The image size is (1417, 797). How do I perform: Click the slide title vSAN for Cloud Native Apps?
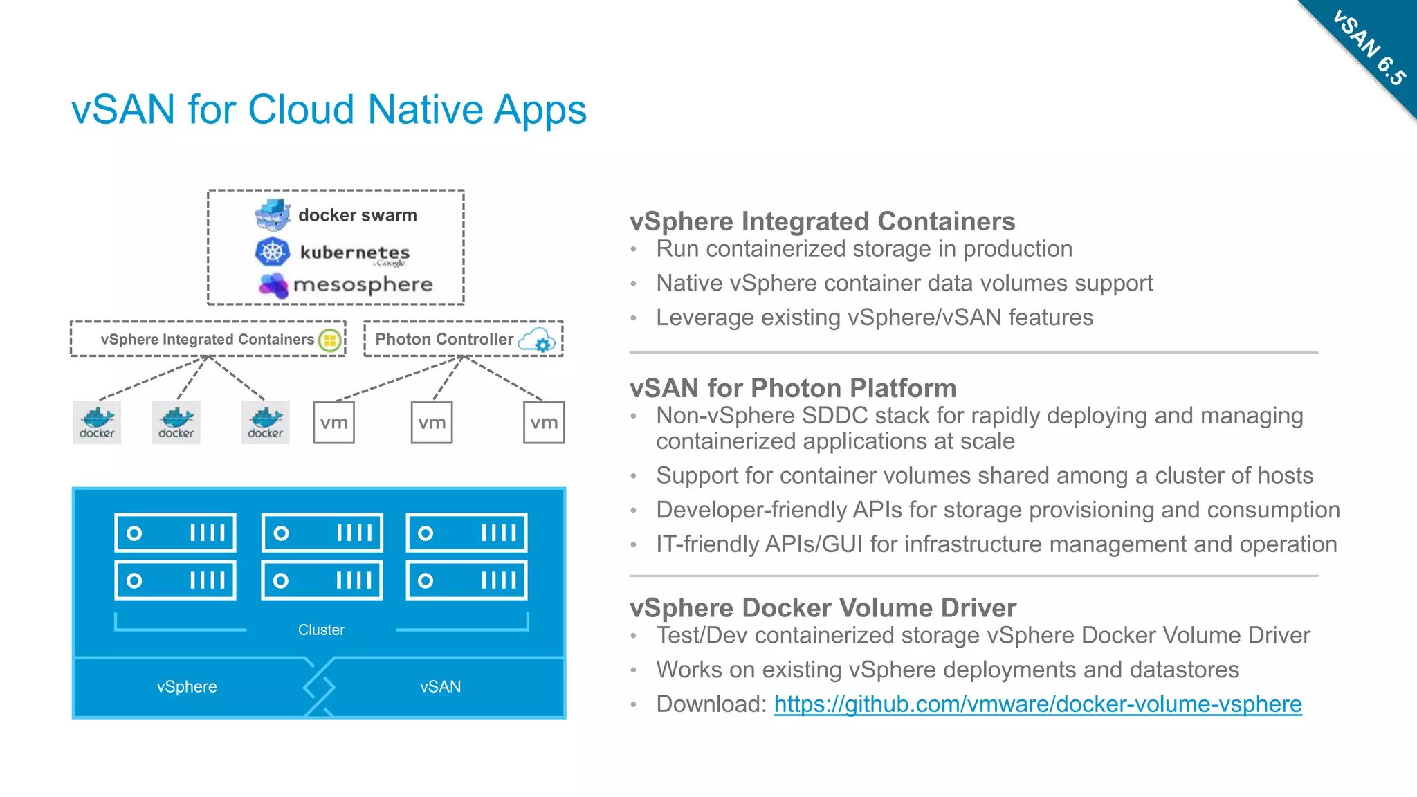pyautogui.click(x=329, y=109)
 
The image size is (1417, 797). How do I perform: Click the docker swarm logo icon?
pyautogui.click(x=273, y=214)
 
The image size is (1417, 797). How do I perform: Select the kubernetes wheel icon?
pyautogui.click(x=273, y=252)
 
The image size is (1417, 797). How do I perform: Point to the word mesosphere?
pyautogui.click(x=363, y=284)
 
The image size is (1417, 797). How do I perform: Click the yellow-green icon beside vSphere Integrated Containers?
pyautogui.click(x=330, y=340)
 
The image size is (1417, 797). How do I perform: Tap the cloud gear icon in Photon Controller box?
pyautogui.click(x=538, y=340)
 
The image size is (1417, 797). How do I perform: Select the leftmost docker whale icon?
pyautogui.click(x=97, y=422)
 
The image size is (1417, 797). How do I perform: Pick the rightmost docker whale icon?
pyautogui.click(x=266, y=422)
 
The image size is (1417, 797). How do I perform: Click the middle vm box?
pyautogui.click(x=432, y=423)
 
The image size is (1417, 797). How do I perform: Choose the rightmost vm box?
pyautogui.click(x=544, y=423)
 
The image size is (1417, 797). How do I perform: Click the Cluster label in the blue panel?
pyautogui.click(x=321, y=630)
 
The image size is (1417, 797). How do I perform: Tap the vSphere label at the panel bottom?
pyautogui.click(x=187, y=686)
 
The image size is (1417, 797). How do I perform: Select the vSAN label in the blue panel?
pyautogui.click(x=440, y=686)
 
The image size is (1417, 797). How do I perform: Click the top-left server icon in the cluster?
pyautogui.click(x=176, y=533)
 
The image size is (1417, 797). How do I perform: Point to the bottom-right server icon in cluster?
pyautogui.click(x=466, y=580)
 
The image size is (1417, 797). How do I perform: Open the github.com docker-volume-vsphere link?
pyautogui.click(x=1038, y=704)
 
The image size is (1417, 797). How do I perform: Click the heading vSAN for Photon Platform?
pyautogui.click(x=793, y=388)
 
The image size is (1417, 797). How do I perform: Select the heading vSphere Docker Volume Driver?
pyautogui.click(x=823, y=607)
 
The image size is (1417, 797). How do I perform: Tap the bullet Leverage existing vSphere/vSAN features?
pyautogui.click(x=875, y=317)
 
